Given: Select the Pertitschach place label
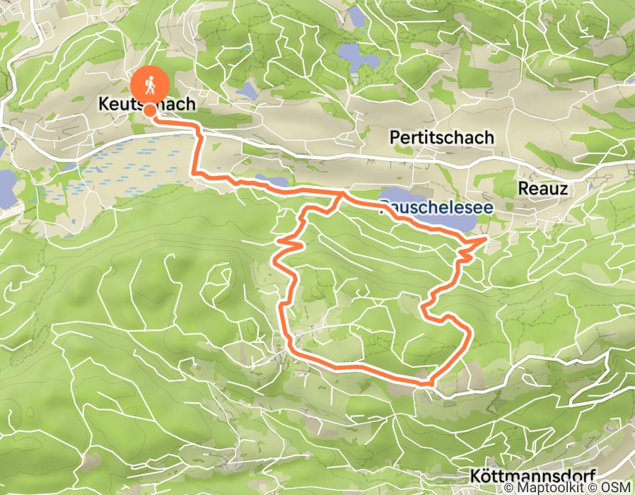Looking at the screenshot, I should [x=441, y=137].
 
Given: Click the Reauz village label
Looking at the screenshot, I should [x=543, y=189].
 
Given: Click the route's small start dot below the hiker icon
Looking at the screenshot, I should [x=150, y=110].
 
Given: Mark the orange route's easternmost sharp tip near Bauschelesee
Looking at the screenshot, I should [x=486, y=240].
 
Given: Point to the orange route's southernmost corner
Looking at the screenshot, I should [x=429, y=383].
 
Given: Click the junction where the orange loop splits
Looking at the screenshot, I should [x=342, y=193].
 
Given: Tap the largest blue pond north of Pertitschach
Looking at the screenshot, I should [x=358, y=57].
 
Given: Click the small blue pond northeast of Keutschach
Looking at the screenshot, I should [x=247, y=90].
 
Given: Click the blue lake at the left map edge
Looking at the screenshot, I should [x=6, y=187].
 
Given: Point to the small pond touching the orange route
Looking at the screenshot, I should [x=272, y=180].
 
